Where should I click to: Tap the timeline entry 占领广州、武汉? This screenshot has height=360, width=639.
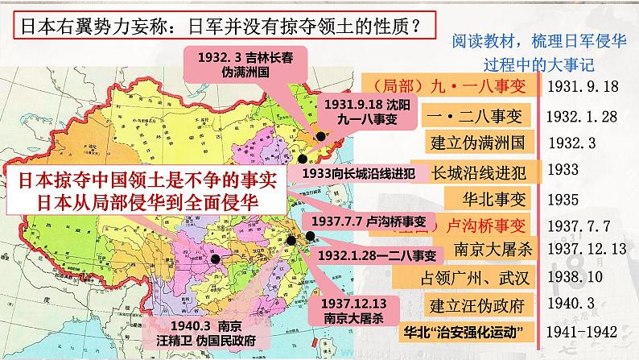coord(478,277)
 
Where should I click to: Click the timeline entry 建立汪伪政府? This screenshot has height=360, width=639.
coord(478,304)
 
